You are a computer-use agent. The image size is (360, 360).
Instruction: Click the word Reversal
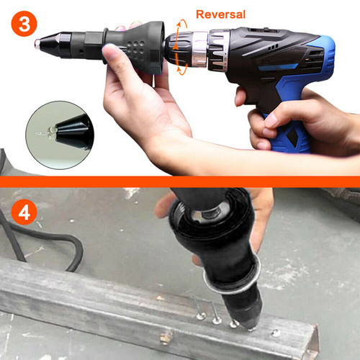pos(220,14)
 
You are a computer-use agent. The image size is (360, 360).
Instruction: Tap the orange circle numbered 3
pos(24,24)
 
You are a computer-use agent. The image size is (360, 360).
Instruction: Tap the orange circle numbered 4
pos(24,212)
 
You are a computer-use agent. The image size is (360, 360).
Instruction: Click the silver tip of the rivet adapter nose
pos(37,44)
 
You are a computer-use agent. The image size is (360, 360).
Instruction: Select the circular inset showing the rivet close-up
pos(60,135)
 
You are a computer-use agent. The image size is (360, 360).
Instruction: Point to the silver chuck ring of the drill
pos(199,49)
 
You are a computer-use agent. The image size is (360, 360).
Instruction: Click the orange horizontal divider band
pos(180,181)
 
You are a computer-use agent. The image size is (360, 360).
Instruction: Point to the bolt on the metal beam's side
pos(166,338)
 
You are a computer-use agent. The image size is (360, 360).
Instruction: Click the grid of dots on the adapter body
pos(136,48)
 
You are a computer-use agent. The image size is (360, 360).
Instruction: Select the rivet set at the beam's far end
pos(276,333)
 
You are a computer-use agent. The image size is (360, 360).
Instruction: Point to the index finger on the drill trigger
pos(240,96)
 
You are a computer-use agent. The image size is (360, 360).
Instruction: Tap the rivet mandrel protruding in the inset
pos(42,133)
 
